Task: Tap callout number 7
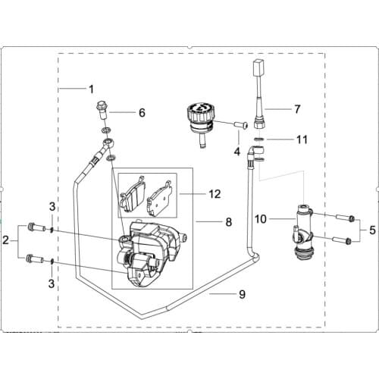(298, 109)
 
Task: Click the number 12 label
(215, 194)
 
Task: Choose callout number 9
(221, 293)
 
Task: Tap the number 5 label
(373, 228)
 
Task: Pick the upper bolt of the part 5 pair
(344, 218)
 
